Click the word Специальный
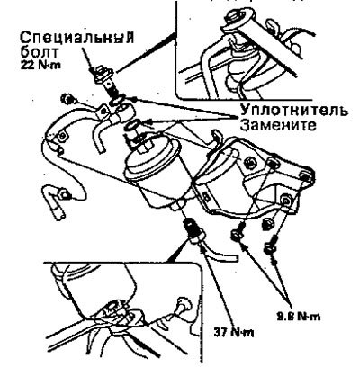76,37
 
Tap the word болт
40,53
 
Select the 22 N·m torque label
40,65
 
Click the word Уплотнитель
294,111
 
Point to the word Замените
278,125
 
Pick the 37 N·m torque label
234,332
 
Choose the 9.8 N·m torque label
298,317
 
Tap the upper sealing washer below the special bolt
119,101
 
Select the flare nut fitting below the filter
193,230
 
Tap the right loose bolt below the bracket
270,246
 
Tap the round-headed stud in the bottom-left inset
182,305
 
